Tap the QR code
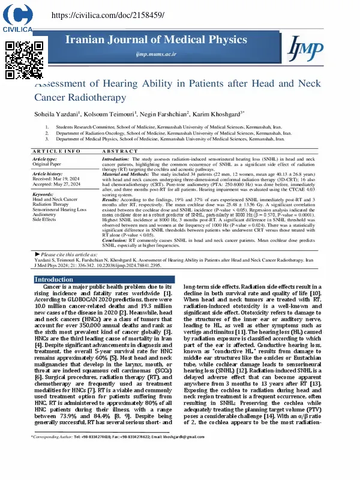point(25,59)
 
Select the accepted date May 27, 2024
point(66,184)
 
